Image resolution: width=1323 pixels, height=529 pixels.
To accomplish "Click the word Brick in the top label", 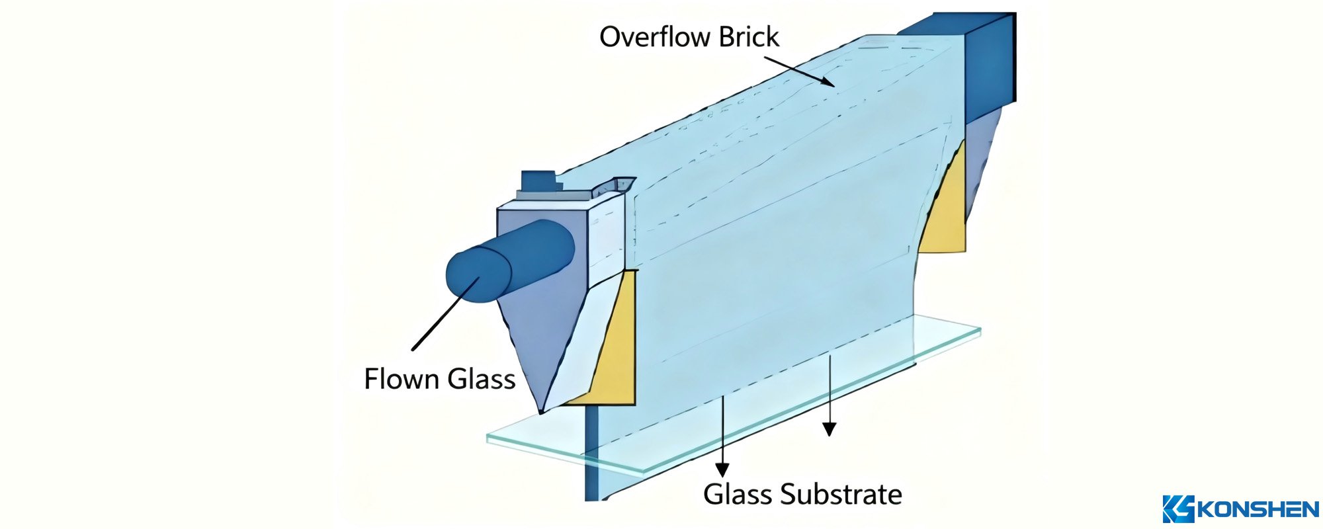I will click(x=749, y=36).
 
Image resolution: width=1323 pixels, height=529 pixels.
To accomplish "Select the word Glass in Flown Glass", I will click(x=481, y=379).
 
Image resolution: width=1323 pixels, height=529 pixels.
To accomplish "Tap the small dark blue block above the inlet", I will click(x=540, y=180).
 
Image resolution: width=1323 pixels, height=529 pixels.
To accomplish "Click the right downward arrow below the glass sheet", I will click(x=830, y=397).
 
